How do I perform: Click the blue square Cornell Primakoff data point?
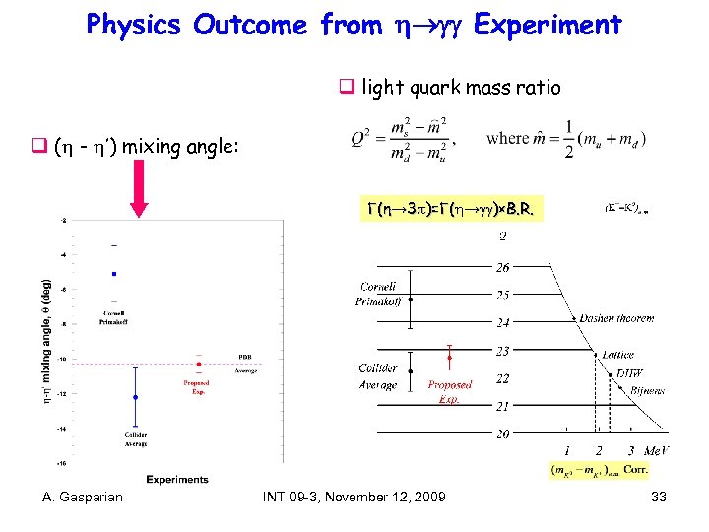[114, 274]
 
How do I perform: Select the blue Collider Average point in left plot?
[135, 397]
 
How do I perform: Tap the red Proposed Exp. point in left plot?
[199, 364]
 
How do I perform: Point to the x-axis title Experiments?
[177, 480]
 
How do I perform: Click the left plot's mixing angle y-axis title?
[46, 341]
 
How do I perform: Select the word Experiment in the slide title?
[548, 25]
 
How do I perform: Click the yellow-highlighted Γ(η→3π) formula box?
[455, 209]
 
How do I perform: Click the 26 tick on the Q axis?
[502, 268]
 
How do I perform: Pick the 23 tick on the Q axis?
[502, 351]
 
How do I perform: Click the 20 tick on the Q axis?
[502, 433]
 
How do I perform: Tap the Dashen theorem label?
[616, 319]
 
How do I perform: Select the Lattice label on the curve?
[619, 354]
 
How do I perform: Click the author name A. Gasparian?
[83, 498]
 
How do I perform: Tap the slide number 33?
[659, 498]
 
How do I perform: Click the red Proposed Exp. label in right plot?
[450, 391]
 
